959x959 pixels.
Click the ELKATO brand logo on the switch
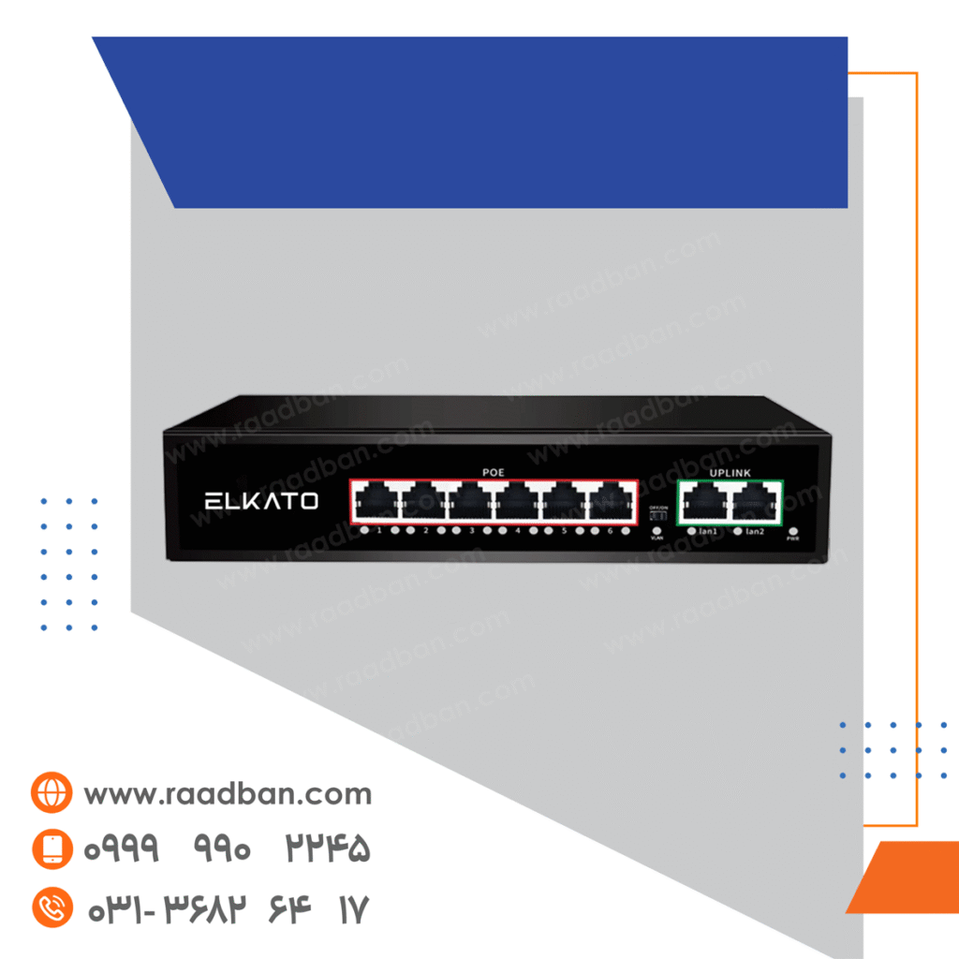point(261,501)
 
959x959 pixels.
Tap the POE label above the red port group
point(494,473)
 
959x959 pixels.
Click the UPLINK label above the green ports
point(730,473)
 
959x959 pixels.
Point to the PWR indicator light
point(793,532)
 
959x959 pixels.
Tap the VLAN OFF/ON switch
point(657,516)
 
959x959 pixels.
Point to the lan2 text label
point(755,532)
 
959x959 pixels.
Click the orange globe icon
point(51,794)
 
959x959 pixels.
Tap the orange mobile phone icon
point(51,849)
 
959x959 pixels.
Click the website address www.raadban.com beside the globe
point(228,794)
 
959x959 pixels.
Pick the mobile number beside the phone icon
point(228,849)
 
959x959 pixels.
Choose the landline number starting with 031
point(228,908)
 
